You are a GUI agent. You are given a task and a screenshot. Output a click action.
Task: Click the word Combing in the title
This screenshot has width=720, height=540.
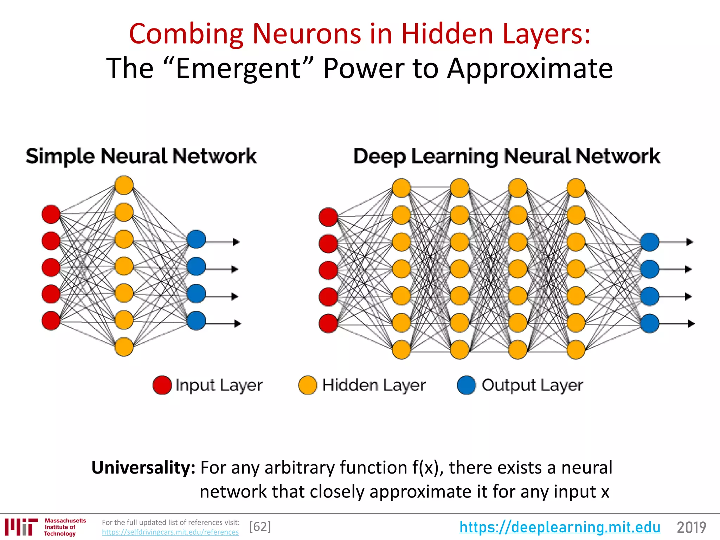(x=186, y=34)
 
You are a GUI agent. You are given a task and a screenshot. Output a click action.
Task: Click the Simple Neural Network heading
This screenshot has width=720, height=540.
(x=141, y=156)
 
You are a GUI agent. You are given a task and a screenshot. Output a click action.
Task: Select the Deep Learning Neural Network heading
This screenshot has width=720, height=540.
(x=507, y=156)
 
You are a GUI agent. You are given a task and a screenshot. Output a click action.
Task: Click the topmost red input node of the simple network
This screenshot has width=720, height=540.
(x=51, y=214)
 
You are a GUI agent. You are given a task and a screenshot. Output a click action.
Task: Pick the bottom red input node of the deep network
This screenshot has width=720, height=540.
(x=328, y=323)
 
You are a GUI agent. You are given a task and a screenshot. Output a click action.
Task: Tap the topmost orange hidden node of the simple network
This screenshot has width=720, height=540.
(x=124, y=185)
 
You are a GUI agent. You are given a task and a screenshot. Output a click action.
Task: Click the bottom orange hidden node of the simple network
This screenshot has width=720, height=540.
(x=124, y=347)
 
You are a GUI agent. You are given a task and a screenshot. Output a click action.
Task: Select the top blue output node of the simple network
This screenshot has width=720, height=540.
(x=196, y=239)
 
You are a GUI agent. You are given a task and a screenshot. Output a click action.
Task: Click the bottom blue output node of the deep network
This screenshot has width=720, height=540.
(x=650, y=323)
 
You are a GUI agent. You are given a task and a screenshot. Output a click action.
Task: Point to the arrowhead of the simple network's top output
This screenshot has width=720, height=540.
(x=236, y=242)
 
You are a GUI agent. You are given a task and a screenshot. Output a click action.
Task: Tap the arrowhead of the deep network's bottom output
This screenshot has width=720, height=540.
(x=691, y=323)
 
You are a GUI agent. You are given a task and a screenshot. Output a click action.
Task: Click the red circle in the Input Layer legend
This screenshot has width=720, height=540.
(x=162, y=385)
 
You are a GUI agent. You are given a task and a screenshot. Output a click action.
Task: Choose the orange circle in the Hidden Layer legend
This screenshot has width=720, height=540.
(x=308, y=385)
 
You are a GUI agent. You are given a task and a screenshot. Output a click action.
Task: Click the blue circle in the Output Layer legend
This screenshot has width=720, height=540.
(x=467, y=385)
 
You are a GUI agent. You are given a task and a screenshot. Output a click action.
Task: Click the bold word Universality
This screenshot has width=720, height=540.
(x=143, y=468)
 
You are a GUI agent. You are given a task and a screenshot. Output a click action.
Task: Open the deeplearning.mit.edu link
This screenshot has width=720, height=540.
(x=560, y=527)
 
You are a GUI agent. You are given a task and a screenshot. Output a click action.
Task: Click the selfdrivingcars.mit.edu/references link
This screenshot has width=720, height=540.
(x=170, y=532)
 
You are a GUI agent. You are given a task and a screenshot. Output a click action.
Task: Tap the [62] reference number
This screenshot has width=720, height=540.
(x=260, y=527)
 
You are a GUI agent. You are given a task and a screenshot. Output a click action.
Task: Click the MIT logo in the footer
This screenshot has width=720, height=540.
(x=21, y=527)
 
